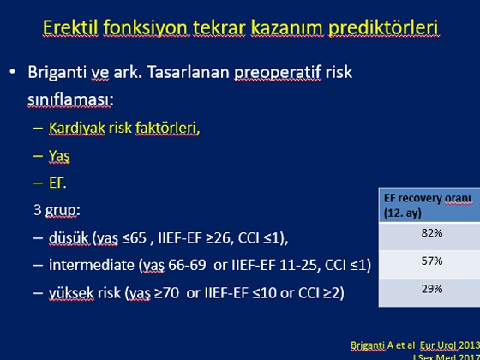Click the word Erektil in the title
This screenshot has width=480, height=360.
click(70, 27)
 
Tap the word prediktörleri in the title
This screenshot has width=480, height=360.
click(384, 28)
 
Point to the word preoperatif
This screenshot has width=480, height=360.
click(278, 73)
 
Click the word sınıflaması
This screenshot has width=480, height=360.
click(70, 99)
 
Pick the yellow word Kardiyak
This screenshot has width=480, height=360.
click(77, 129)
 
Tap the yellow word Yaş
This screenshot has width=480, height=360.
click(59, 156)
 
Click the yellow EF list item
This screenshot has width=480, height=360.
click(57, 183)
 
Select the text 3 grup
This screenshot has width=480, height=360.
click(57, 211)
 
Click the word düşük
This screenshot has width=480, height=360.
click(69, 238)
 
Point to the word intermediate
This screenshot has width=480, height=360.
click(91, 265)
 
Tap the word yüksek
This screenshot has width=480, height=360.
click(71, 293)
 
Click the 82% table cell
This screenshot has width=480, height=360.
click(432, 233)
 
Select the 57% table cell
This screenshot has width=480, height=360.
click(432, 261)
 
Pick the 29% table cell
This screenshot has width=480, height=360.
click(432, 289)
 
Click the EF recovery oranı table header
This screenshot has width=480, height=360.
click(429, 205)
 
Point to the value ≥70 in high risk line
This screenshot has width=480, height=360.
click(167, 293)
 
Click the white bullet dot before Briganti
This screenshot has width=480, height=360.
click(12, 73)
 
